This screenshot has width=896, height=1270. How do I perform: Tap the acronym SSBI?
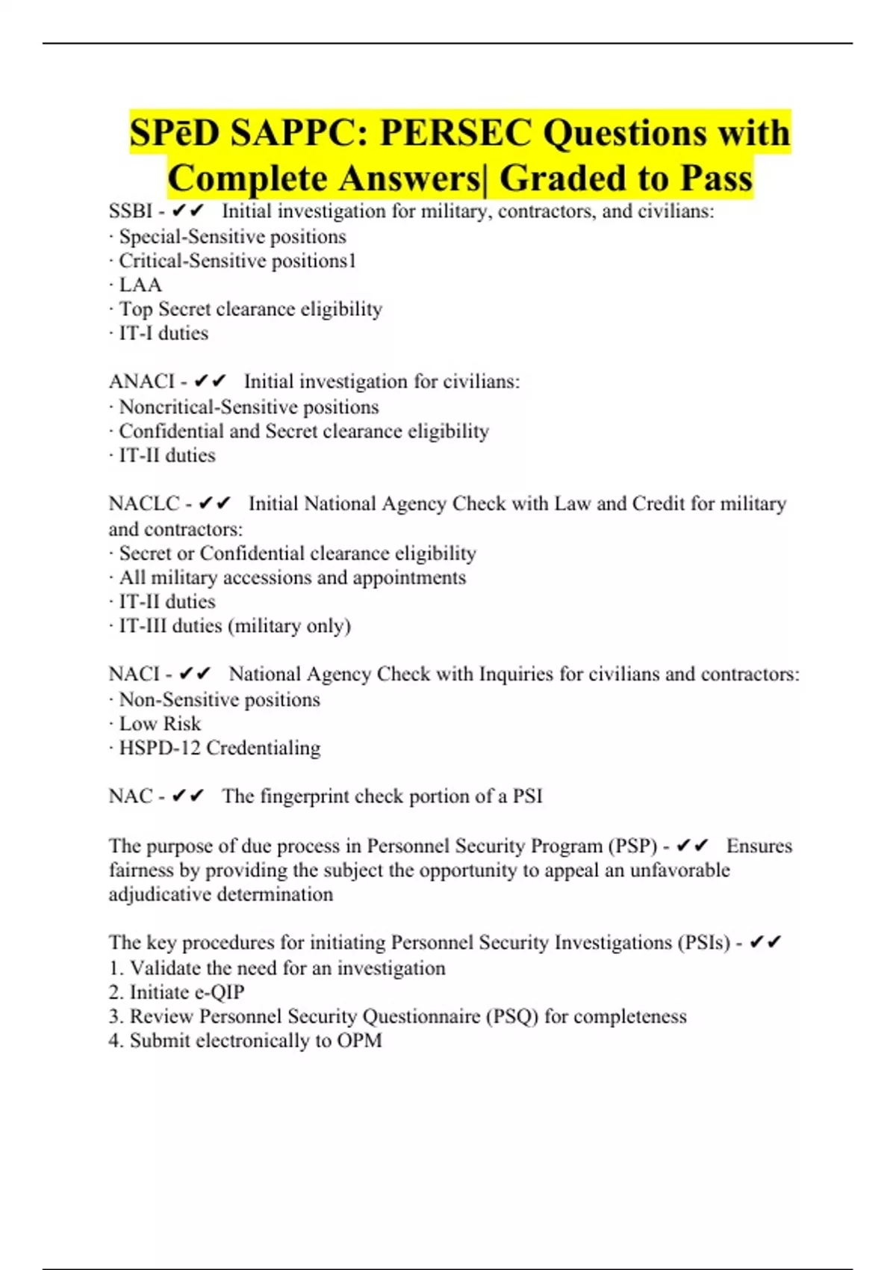point(131,211)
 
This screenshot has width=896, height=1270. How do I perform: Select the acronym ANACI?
point(141,382)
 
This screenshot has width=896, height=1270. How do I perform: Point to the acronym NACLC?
point(144,504)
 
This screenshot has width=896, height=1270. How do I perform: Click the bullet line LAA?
point(140,285)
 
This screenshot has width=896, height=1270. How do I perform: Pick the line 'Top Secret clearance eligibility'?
point(250,309)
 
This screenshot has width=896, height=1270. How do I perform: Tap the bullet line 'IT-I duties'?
point(164,333)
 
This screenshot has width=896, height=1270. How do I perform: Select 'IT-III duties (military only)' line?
point(234,626)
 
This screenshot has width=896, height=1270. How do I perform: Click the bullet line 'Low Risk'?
point(160,724)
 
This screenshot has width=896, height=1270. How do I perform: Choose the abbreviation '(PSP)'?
point(633,846)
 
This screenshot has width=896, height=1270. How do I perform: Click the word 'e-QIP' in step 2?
point(220,993)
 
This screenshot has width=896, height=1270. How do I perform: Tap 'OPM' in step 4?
point(359,1041)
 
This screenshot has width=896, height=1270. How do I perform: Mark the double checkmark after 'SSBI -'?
point(187,211)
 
